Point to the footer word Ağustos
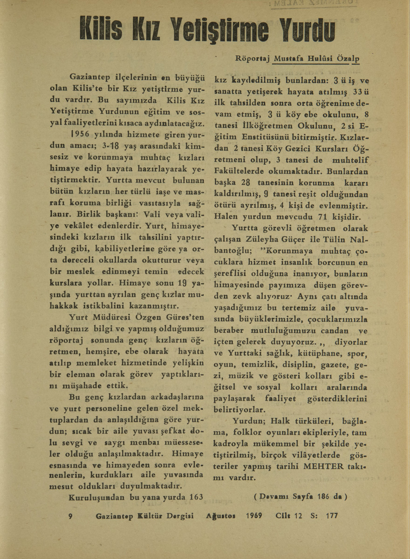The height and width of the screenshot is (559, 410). click(x=221, y=516)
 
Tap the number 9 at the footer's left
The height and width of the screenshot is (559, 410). click(x=69, y=516)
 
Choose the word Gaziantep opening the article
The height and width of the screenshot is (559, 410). click(x=90, y=75)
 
